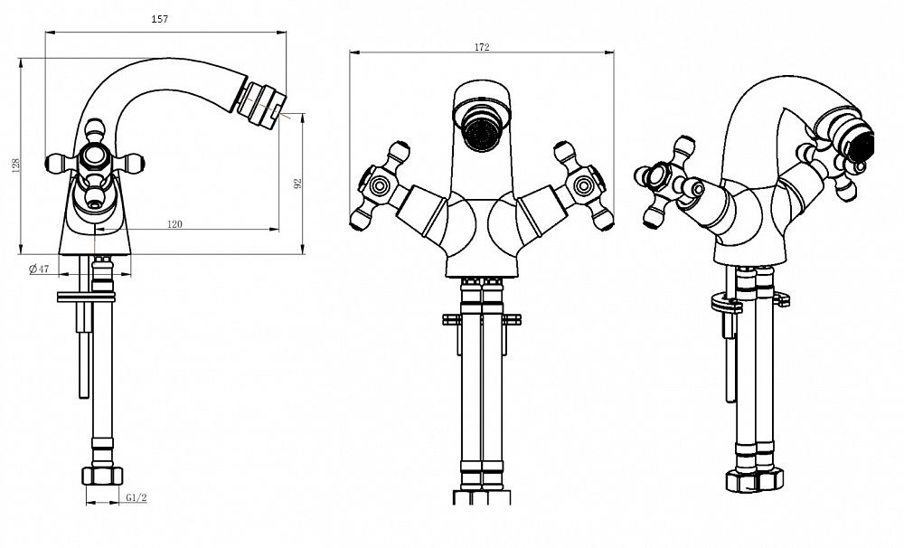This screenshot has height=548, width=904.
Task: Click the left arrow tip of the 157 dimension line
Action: (45, 32)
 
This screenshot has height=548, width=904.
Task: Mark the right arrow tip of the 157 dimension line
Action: (287, 33)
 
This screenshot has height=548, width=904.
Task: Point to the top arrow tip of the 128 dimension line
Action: (20, 58)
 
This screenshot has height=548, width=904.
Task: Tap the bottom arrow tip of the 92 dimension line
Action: (302, 254)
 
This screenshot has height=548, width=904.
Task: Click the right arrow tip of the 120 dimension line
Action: (278, 230)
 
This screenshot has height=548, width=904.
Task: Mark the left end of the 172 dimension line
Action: (349, 52)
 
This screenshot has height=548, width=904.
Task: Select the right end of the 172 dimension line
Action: (614, 52)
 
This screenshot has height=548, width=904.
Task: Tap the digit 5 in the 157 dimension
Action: (160, 19)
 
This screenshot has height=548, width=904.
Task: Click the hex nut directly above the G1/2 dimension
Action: (102, 476)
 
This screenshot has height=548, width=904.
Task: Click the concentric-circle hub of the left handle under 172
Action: (379, 185)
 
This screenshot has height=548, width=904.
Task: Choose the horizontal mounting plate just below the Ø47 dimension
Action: (86, 298)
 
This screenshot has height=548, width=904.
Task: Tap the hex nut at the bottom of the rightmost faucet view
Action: (755, 479)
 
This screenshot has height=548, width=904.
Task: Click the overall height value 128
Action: (16, 165)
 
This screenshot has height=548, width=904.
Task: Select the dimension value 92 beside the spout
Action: (297, 184)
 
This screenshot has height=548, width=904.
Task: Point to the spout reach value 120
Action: (174, 224)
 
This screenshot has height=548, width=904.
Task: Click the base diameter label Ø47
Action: (39, 269)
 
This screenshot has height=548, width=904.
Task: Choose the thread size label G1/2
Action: (137, 496)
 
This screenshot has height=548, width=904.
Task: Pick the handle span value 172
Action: (482, 47)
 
